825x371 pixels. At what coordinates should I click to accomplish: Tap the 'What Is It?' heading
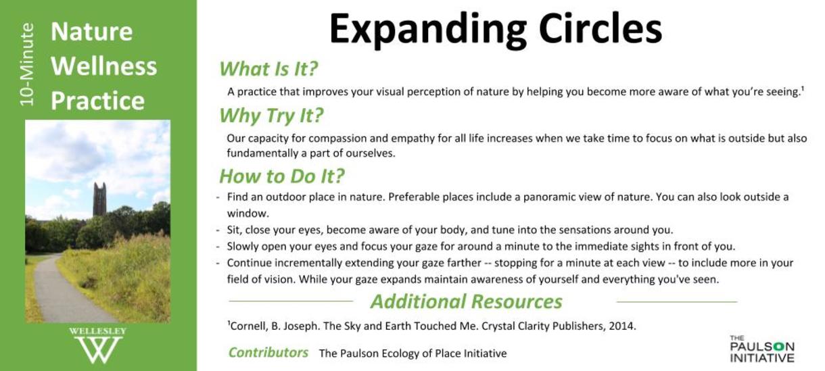click(x=268, y=69)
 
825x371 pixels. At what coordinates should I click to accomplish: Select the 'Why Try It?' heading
click(x=271, y=116)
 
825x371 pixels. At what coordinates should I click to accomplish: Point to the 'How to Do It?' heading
click(x=282, y=176)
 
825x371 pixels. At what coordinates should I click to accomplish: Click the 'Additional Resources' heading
click(x=467, y=302)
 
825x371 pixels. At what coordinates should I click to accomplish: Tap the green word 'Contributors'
click(x=268, y=352)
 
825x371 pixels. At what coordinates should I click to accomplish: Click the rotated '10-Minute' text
click(x=27, y=65)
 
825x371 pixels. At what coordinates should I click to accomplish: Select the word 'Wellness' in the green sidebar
click(x=104, y=66)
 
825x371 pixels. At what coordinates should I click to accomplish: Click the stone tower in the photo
click(x=99, y=199)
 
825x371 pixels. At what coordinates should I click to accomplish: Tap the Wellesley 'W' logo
click(x=98, y=346)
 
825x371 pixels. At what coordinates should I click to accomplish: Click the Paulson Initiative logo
click(x=761, y=349)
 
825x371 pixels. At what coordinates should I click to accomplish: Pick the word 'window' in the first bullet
click(x=246, y=214)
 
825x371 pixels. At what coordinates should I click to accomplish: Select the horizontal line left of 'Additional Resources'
click(x=291, y=301)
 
